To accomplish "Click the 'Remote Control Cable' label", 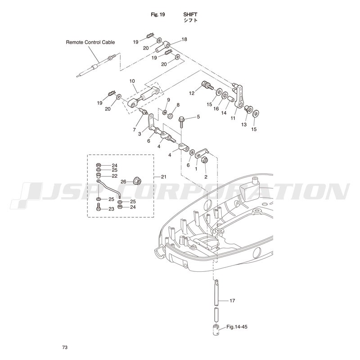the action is pos(90,42).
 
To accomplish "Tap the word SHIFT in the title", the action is pos(190,14).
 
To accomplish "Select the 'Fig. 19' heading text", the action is pos(158,14).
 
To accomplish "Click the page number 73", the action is pos(65,347).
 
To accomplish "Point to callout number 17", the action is pos(232,301).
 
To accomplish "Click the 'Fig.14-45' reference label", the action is pos(237,327).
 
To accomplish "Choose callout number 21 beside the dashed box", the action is pos(163,177).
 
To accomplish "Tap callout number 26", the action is pos(123,182).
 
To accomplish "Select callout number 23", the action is pos(111,209).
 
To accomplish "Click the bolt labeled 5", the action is pos(182,122).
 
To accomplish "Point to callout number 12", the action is pos(192,93).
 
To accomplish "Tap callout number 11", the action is pos(233,118).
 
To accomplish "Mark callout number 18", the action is pos(184,39).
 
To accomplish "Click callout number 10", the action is pos(132,81).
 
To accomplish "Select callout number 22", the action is pos(115,176).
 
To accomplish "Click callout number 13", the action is pos(244,125).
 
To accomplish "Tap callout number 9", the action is pos(168,100).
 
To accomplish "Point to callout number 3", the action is pos(139,134).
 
